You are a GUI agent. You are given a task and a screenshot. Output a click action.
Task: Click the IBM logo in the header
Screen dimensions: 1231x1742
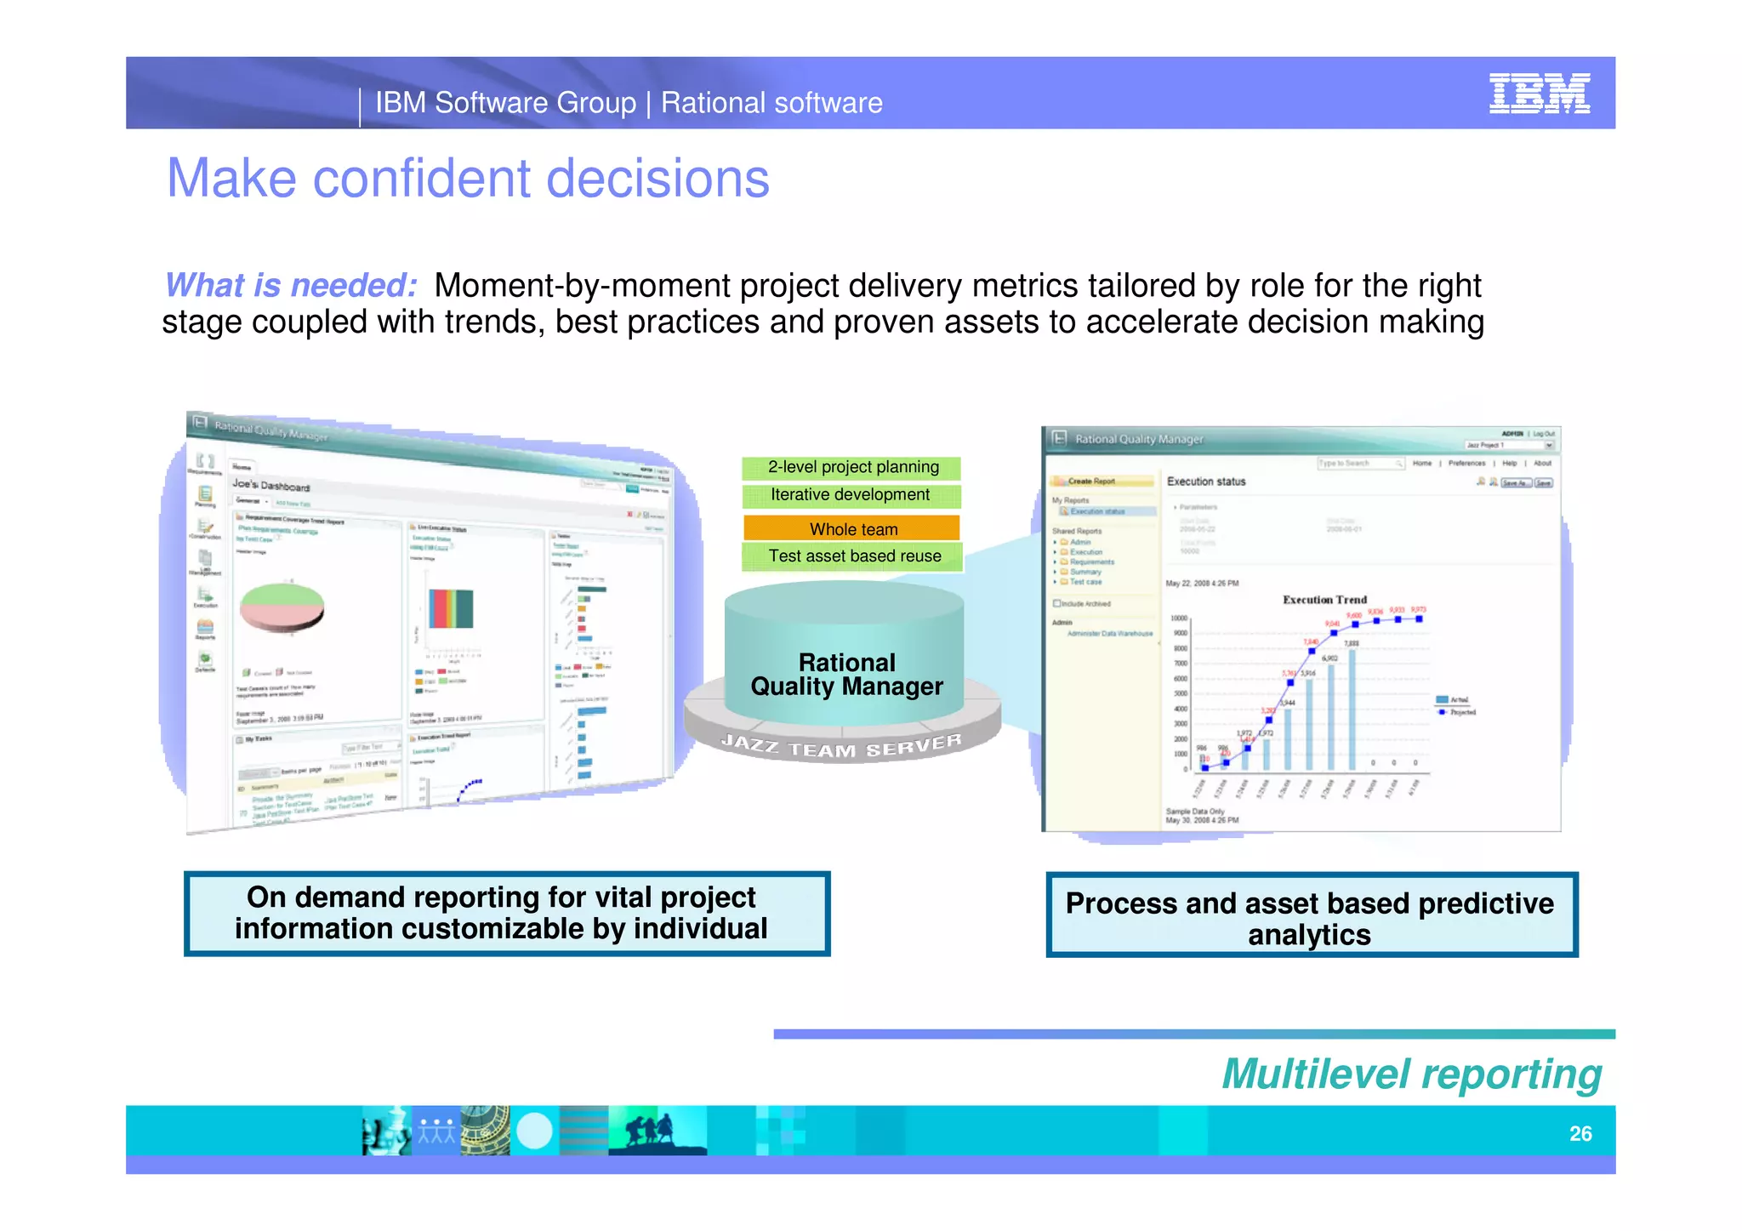[x=1539, y=94]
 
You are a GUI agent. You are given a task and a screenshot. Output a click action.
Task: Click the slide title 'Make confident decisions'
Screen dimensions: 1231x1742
[x=468, y=179]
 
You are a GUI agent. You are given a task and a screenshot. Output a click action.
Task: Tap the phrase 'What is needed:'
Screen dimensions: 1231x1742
[x=291, y=286]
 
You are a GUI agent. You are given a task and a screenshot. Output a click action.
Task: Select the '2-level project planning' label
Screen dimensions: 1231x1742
[x=852, y=467]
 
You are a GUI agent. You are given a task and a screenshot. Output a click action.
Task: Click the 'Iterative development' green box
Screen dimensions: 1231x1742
[x=851, y=495]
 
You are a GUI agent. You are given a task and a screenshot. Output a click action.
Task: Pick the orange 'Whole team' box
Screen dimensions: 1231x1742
[x=852, y=529]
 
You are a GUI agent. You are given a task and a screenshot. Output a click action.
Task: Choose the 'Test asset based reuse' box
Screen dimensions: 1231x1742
[x=854, y=556]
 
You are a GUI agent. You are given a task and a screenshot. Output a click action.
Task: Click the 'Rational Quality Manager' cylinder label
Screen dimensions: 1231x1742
[x=846, y=675]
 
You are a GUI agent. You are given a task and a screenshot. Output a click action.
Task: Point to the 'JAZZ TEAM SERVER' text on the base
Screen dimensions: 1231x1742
[x=842, y=746]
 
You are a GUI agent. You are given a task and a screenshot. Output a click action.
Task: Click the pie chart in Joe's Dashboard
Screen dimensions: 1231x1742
[x=282, y=606]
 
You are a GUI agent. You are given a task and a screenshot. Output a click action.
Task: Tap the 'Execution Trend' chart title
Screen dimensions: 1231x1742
[x=1324, y=600]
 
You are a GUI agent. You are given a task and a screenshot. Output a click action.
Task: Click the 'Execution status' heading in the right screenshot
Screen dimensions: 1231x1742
[x=1206, y=482]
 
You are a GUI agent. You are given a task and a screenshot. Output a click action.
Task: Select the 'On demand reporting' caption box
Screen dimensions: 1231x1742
[x=506, y=914]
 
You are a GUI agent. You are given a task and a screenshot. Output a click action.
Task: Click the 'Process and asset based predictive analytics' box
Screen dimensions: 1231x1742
[x=1311, y=917]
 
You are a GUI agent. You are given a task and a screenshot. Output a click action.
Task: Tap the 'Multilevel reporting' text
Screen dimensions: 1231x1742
[x=1412, y=1074]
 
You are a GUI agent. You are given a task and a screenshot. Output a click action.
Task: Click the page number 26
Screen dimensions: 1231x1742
[x=1580, y=1133]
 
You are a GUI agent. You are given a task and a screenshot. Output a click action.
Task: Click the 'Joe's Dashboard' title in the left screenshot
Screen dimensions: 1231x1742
[x=271, y=486]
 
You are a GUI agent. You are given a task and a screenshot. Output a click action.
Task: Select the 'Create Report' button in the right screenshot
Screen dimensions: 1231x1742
[x=1090, y=482]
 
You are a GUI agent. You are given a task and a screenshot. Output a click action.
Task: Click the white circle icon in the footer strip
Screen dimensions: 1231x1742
[x=534, y=1131]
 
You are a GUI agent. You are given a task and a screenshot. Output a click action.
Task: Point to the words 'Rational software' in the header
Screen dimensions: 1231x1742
[x=771, y=103]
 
